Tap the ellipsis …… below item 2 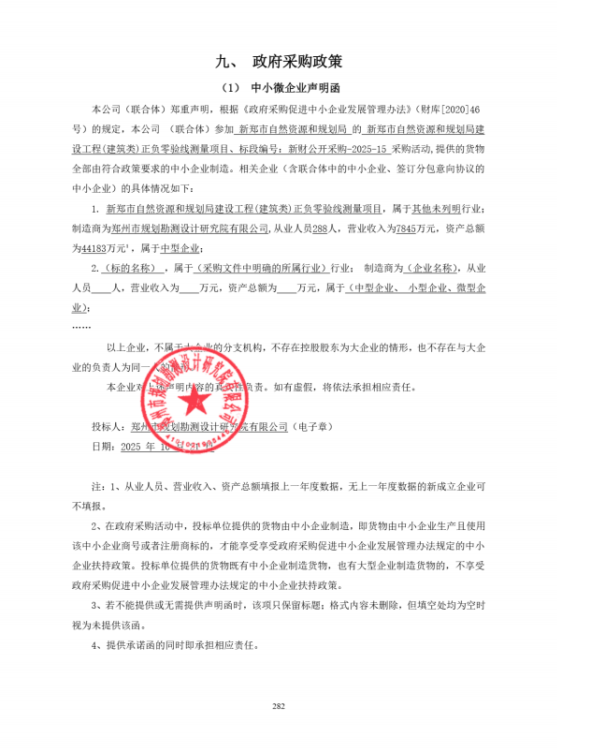coord(81,327)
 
